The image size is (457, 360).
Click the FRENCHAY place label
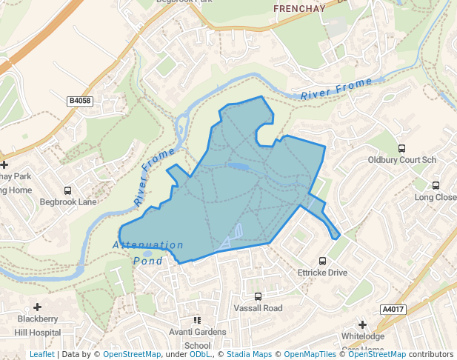pos(300,9)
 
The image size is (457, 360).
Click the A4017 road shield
pos(393,309)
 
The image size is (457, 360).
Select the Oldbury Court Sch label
pos(402,160)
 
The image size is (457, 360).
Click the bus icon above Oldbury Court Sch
pos(402,149)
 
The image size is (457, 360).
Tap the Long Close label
pos(436,197)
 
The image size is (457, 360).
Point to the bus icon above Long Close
pos(436,186)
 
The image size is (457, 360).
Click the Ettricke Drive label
pos(322,273)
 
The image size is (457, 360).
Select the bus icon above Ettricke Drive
pos(322,261)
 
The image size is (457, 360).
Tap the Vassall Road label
pos(258,308)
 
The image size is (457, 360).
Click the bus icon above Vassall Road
pos(258,297)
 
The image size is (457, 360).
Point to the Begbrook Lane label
pos(68,201)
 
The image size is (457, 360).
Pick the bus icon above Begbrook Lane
pos(68,190)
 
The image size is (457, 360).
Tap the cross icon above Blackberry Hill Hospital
pos(37,307)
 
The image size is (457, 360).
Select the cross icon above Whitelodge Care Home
pos(362,324)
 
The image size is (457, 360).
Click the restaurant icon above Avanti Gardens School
pos(197,320)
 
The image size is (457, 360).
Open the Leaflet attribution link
pos(42,354)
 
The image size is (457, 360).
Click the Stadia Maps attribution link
pos(249,354)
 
